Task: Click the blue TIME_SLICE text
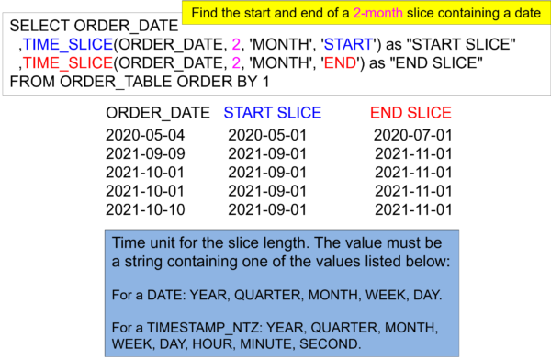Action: (68, 45)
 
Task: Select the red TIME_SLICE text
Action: (68, 63)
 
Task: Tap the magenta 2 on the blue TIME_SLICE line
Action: (236, 45)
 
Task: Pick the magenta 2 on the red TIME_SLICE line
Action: (236, 63)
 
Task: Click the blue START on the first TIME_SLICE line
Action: (348, 45)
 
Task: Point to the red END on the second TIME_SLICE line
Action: (340, 63)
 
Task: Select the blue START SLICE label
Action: (272, 113)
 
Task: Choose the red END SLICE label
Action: (410, 113)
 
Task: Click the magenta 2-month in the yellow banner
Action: (377, 14)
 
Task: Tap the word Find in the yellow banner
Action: (206, 14)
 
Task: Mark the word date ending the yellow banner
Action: (523, 14)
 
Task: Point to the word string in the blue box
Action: (146, 263)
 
